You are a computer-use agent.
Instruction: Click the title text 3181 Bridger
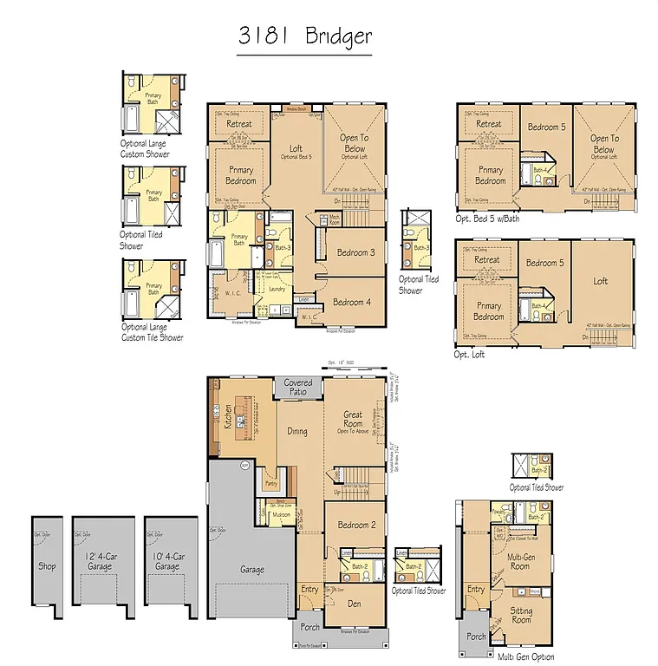point(304,36)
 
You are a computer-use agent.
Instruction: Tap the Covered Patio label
point(298,387)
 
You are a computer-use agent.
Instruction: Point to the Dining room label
point(297,430)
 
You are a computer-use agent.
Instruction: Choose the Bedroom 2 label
point(355,525)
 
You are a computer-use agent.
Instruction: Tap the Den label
point(355,603)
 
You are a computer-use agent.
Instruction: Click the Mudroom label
point(281,514)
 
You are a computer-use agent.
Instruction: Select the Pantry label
point(271,484)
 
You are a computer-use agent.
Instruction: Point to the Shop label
point(47,566)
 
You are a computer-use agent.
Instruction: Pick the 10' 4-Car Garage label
point(167,561)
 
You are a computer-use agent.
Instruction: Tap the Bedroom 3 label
point(355,252)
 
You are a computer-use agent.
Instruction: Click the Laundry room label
point(277,289)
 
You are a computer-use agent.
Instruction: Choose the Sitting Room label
point(521,615)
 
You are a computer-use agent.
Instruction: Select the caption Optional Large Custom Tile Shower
point(153,332)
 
